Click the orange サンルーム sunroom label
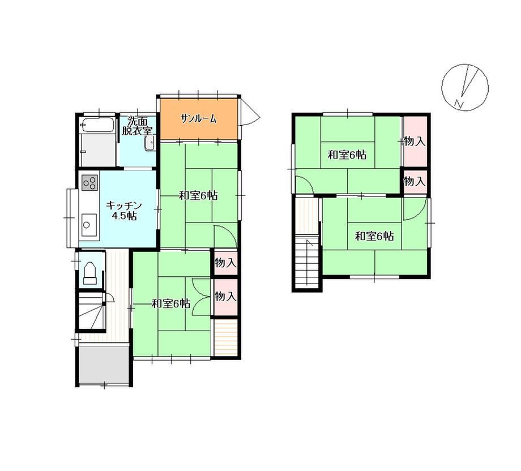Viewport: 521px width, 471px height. [199, 118]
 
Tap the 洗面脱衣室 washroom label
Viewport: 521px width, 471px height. [138, 126]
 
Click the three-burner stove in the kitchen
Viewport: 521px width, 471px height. [89, 182]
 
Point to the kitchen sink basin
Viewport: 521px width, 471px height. [89, 225]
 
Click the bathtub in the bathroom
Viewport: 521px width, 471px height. [97, 126]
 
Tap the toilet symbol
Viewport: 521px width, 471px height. [89, 273]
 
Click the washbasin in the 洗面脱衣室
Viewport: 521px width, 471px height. [150, 143]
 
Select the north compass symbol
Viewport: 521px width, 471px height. [465, 87]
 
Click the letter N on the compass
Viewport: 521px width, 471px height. [459, 104]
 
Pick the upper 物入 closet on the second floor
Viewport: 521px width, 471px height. [415, 142]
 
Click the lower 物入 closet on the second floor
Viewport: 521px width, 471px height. [415, 181]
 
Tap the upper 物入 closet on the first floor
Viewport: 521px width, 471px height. [225, 263]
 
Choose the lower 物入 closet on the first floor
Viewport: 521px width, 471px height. [225, 296]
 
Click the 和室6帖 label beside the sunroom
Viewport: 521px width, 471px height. [198, 195]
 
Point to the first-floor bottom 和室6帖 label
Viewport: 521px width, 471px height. [171, 303]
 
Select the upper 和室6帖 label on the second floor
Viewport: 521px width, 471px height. [347, 155]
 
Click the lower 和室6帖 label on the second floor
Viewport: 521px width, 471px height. [374, 236]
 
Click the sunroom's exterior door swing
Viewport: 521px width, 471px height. [249, 112]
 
